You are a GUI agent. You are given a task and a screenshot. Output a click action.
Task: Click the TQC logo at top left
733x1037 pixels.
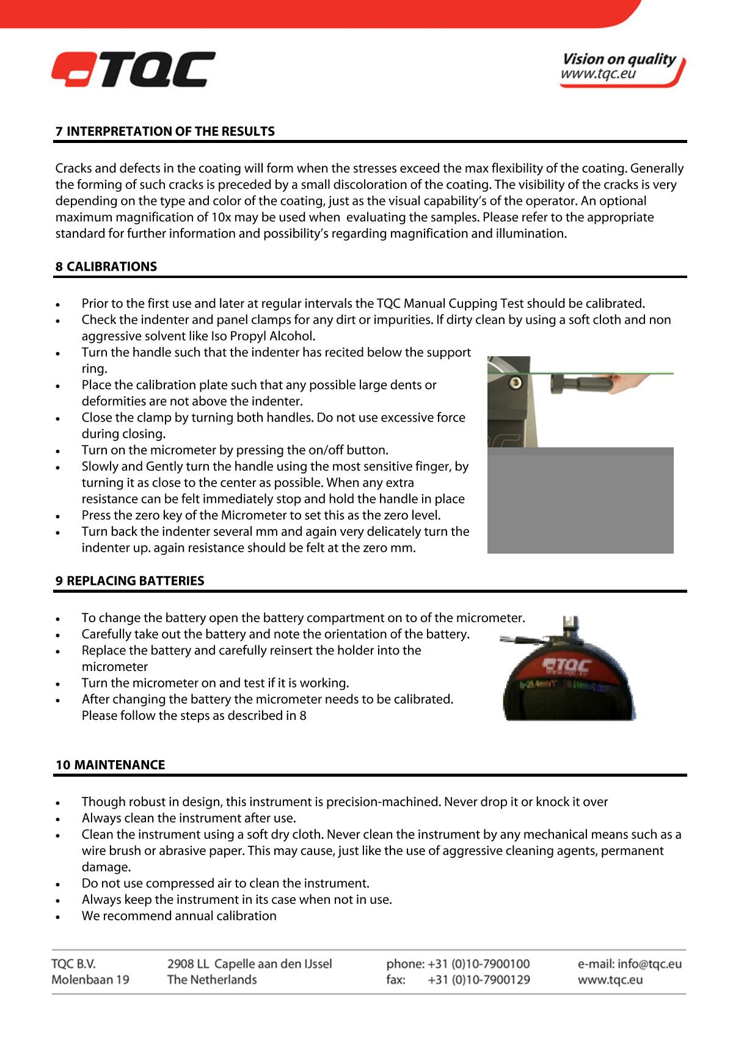coord(133,69)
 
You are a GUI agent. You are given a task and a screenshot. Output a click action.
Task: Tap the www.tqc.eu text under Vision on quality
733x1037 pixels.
coord(598,75)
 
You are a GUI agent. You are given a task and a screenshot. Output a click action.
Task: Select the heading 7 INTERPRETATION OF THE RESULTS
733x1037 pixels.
coord(165,131)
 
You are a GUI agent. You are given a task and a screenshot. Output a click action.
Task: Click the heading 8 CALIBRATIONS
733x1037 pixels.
coord(106,266)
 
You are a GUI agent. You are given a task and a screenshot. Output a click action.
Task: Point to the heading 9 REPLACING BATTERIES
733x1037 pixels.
coord(129,581)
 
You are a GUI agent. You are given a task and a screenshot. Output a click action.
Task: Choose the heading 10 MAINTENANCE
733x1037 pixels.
coord(110,765)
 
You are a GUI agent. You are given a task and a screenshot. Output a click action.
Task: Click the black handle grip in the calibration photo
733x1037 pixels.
coord(580,386)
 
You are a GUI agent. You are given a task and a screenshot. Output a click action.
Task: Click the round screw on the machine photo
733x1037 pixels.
coord(516,383)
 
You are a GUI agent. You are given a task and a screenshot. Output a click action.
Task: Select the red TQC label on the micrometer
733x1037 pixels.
coord(567,666)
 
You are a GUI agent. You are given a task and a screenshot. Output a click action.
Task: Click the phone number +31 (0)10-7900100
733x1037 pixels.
coord(478,964)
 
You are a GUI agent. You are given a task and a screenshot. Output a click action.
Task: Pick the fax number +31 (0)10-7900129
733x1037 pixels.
coord(478,980)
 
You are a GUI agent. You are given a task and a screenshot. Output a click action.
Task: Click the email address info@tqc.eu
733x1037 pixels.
coord(649,964)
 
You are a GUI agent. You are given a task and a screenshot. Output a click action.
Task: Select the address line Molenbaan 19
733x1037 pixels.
coord(90,980)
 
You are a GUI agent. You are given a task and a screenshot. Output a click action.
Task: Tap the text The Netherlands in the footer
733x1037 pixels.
coord(212,980)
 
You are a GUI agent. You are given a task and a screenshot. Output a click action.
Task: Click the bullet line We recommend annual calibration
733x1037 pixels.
coord(179,916)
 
